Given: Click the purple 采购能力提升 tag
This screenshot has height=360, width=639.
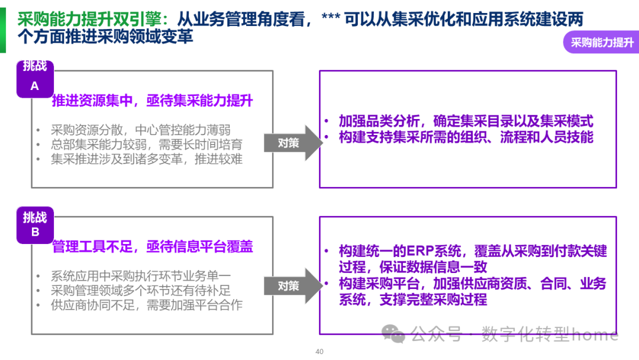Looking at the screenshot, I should (602, 43).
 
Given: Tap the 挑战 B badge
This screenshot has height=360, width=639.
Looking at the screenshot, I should (35, 224).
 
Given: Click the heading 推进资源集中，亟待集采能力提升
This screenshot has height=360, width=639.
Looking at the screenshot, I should (152, 100).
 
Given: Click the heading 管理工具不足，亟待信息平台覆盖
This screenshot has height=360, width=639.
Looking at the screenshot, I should (152, 246).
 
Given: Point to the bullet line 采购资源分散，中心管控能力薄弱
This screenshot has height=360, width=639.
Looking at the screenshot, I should (140, 130).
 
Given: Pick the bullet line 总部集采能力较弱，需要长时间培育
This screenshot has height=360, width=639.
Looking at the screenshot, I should (146, 144).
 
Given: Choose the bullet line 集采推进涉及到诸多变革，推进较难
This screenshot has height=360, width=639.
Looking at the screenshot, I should (146, 159).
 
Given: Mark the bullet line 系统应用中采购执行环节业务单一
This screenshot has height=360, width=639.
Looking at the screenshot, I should (140, 276).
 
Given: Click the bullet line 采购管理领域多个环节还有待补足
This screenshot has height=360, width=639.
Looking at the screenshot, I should (140, 290).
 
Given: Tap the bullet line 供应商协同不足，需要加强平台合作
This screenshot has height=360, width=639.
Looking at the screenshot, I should (146, 305).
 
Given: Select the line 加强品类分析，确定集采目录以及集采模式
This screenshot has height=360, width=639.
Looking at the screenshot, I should (466, 121).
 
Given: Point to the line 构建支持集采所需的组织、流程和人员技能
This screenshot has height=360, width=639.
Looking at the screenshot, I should (466, 137).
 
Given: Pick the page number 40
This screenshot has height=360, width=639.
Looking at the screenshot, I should (319, 352).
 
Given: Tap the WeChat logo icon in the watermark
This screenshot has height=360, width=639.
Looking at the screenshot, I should (393, 334).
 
